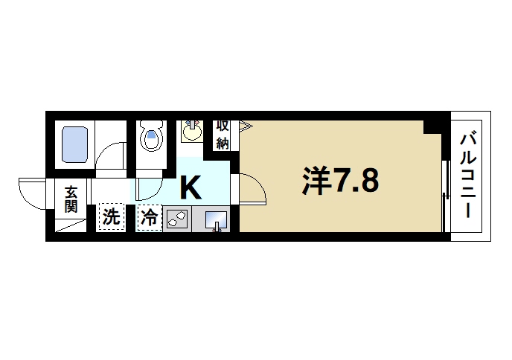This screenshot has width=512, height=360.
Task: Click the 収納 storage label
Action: (223, 135)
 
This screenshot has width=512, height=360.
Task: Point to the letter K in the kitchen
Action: (191, 187)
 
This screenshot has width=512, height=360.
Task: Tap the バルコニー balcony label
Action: (469, 175)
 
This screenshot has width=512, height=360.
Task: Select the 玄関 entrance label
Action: (71, 199)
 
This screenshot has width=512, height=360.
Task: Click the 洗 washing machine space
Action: (111, 218)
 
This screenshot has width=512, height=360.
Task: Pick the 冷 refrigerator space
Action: (150, 219)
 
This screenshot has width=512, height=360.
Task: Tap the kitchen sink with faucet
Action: (217, 220)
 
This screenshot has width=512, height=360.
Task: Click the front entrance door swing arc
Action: (33, 191)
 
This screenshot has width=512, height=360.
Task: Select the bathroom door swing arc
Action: (112, 155)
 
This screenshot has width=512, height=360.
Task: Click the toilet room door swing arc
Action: (149, 186)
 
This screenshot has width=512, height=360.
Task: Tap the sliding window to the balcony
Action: (445, 190)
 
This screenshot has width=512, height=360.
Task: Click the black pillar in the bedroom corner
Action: (434, 124)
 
